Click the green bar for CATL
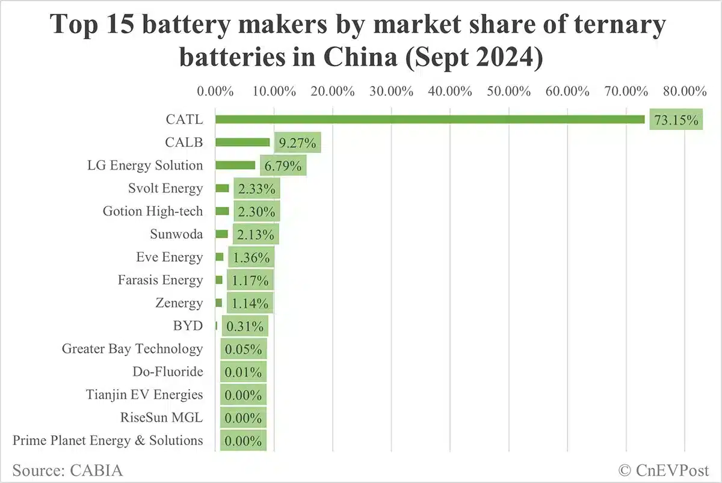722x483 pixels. click(430, 120)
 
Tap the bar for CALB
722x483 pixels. click(242, 143)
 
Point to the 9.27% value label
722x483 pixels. click(298, 143)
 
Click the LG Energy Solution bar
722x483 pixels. click(235, 165)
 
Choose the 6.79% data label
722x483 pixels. click(283, 166)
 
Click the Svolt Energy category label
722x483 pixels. click(165, 188)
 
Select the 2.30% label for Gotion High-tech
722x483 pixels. click(257, 212)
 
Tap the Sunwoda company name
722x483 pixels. click(176, 234)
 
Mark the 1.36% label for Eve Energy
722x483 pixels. click(251, 257)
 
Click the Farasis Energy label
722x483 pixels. click(161, 280)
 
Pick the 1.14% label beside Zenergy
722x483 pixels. click(250, 303)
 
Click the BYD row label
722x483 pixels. click(188, 326)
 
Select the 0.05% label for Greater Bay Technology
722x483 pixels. click(243, 349)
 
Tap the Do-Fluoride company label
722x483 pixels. click(168, 372)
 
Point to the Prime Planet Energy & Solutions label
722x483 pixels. click(108, 440)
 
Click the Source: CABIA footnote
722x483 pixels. click(67, 470)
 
